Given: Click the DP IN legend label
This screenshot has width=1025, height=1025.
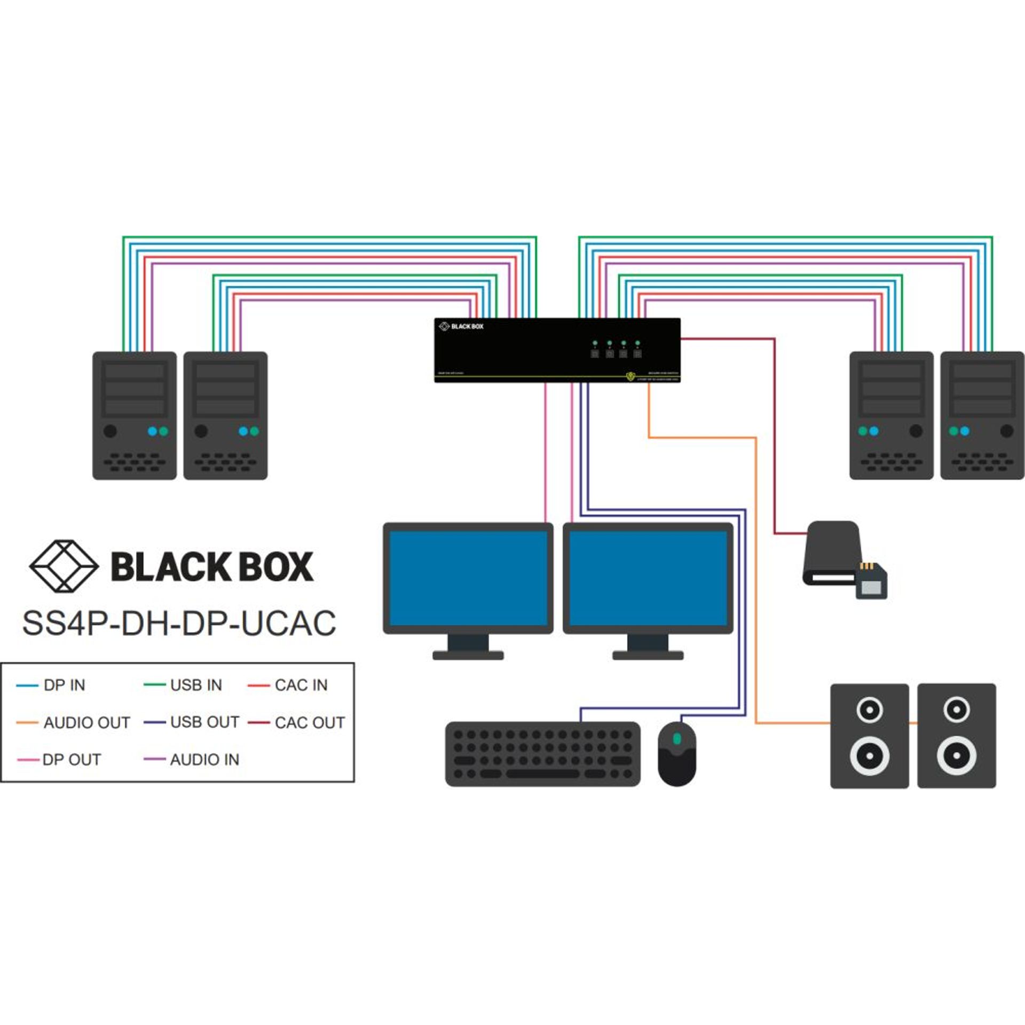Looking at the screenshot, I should [x=64, y=685].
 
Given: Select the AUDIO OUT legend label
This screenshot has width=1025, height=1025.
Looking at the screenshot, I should [x=86, y=722].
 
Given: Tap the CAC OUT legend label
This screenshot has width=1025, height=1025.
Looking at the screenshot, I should [x=310, y=722].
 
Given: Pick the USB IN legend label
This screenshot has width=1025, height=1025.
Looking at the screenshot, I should [x=196, y=685].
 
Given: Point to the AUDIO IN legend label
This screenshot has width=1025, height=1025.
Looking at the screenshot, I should [x=204, y=759].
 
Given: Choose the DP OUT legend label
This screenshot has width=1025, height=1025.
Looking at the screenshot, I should [x=72, y=759].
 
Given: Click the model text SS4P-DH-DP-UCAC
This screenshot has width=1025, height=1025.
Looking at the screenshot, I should [x=179, y=622].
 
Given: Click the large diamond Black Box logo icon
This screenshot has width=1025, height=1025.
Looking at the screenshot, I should [x=64, y=566].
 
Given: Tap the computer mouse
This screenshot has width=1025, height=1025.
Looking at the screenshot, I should [x=676, y=754].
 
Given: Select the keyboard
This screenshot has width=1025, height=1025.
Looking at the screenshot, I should [x=542, y=754].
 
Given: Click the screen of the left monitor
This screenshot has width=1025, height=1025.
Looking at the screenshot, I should [x=468, y=579].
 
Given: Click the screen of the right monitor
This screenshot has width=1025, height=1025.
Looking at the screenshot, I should [x=648, y=579].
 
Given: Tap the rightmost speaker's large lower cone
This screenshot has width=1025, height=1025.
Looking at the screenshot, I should [x=956, y=755].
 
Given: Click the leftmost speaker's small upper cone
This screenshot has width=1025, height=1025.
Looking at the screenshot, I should [x=869, y=710].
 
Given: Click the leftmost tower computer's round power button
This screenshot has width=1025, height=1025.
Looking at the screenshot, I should [x=110, y=431].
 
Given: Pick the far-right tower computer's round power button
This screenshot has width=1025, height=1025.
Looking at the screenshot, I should [x=1006, y=431].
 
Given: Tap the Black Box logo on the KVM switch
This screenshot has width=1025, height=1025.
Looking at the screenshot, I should [x=461, y=326].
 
